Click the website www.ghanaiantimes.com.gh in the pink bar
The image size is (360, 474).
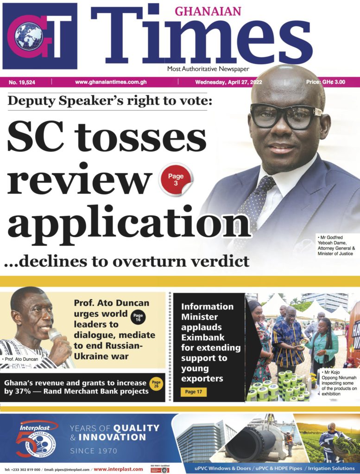[111, 82]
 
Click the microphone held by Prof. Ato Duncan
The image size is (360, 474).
[56, 334]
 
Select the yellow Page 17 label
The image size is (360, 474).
[194, 392]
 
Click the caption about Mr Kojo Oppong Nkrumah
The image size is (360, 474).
[339, 383]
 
